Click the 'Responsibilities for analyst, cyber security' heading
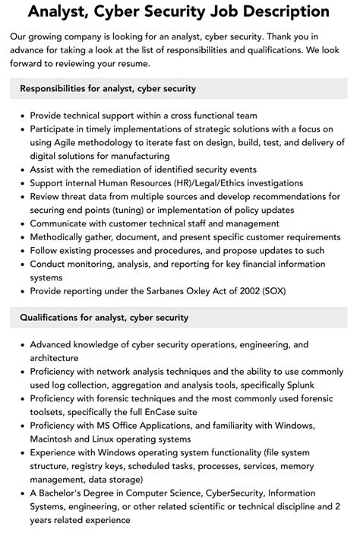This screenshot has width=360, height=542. point(108,89)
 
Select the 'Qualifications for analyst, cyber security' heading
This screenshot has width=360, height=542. point(104,317)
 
